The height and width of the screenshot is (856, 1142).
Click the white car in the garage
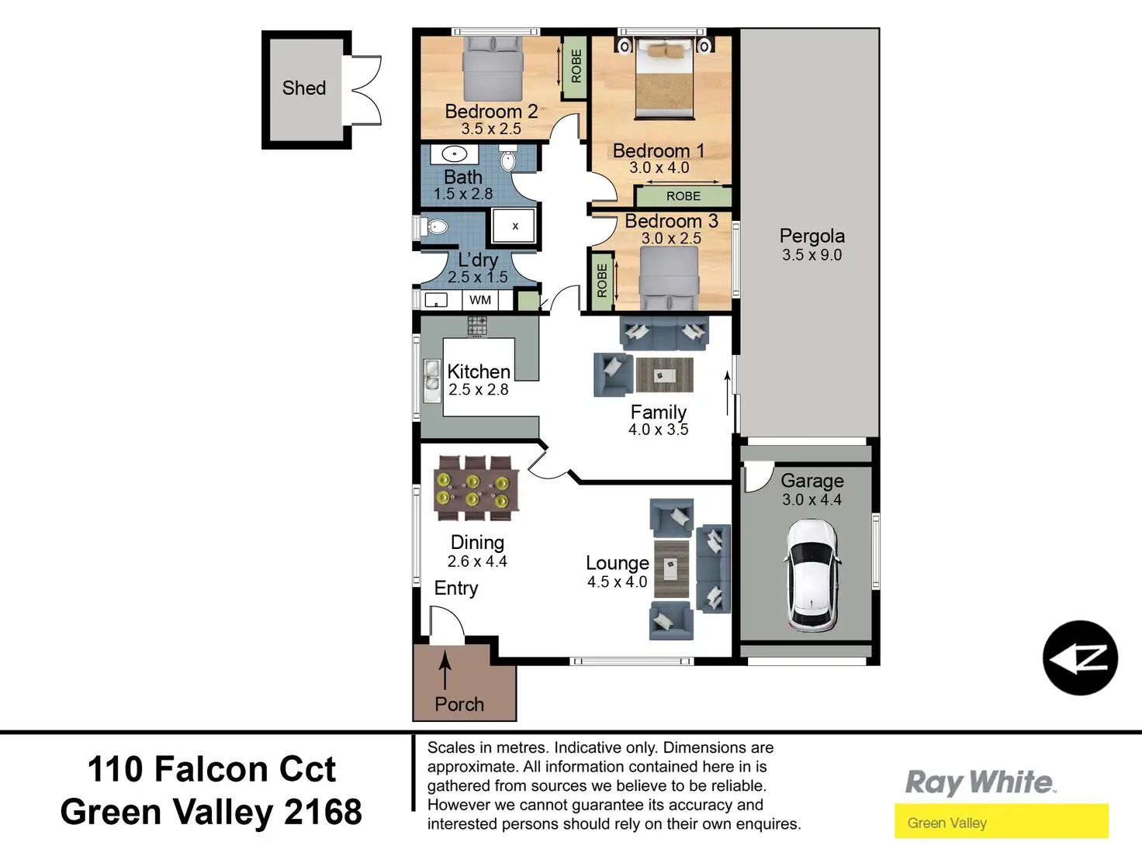812,575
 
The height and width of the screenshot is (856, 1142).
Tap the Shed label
304,88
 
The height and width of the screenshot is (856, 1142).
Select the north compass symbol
1081,658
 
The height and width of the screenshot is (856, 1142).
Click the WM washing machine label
479,300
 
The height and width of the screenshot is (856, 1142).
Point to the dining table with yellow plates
476,488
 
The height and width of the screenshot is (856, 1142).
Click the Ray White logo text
981,782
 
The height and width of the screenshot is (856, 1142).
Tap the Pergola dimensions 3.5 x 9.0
812,254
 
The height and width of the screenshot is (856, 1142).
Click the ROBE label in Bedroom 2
576,66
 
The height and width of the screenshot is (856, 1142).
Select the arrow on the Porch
445,670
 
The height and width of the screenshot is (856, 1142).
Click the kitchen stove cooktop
477,326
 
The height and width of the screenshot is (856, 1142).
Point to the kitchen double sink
431,381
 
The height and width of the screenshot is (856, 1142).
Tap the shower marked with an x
514,226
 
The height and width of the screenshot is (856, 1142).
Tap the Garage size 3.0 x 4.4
812,499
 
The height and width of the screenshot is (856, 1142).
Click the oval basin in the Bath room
454,154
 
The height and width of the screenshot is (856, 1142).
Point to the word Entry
456,588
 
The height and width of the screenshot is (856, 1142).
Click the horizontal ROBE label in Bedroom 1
683,196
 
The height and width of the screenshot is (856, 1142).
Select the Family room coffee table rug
664,374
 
